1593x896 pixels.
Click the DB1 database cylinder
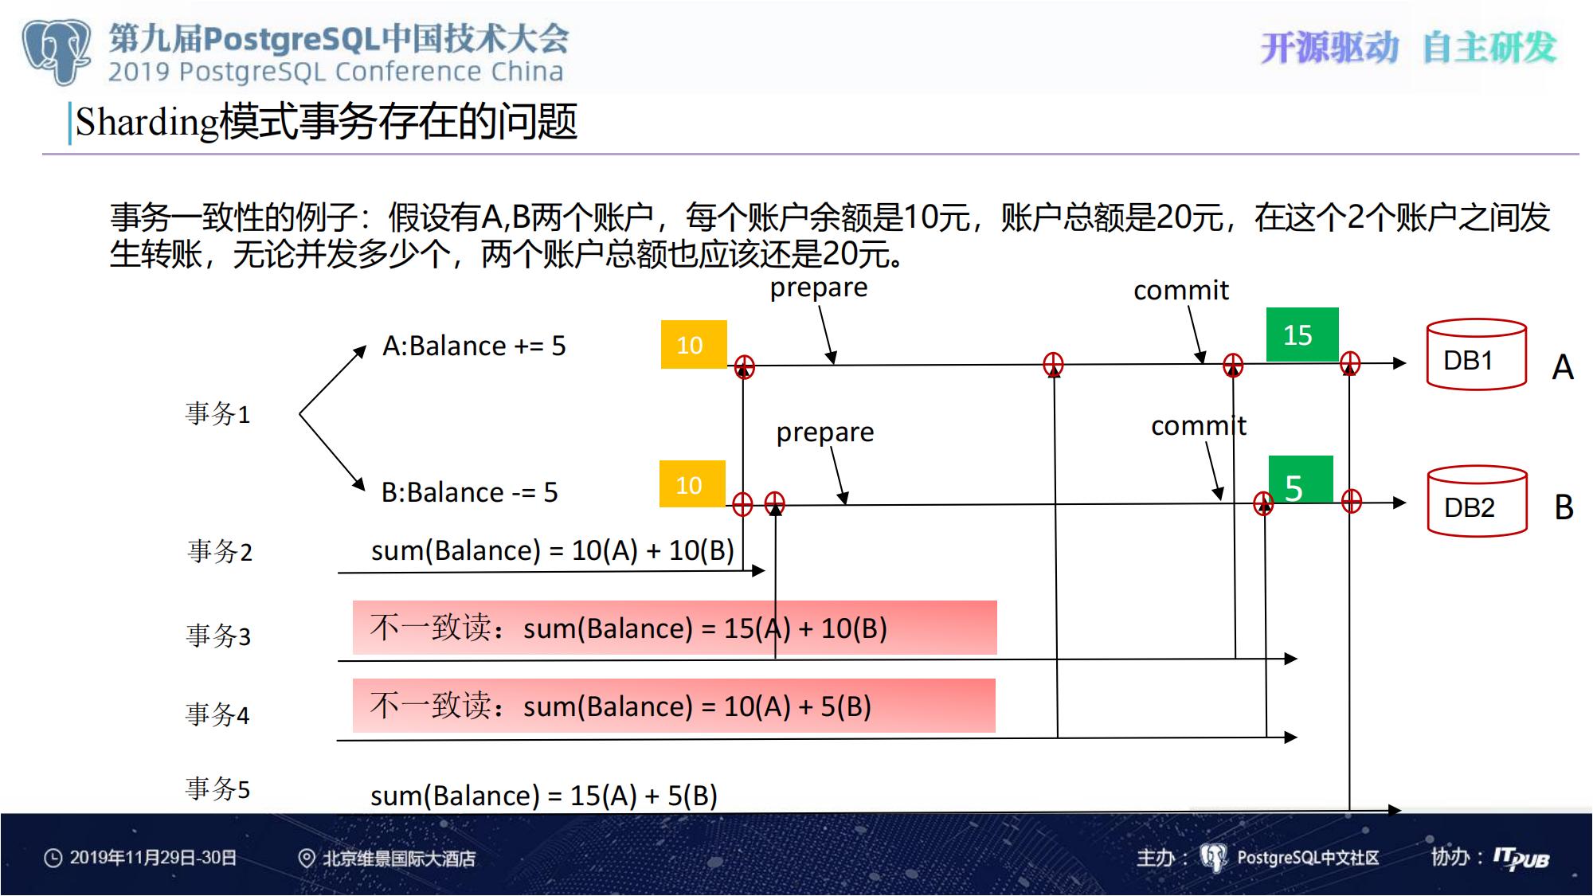coord(1476,354)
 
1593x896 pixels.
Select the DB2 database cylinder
coord(1477,501)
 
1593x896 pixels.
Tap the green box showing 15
coord(1302,335)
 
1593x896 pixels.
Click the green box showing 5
coord(1301,479)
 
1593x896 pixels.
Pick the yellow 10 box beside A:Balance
coord(694,344)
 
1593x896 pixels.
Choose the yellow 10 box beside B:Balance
coord(692,483)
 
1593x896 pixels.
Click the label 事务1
coord(217,413)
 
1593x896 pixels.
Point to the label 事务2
coord(220,551)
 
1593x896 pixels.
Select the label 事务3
coord(218,636)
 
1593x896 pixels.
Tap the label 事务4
coord(217,714)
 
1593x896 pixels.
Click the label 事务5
coord(217,788)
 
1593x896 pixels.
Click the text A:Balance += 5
coord(474,346)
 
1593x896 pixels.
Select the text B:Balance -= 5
coord(469,492)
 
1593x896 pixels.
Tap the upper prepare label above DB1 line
coord(819,288)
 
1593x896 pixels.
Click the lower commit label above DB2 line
coord(1199,426)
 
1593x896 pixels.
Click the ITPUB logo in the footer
coord(1521,859)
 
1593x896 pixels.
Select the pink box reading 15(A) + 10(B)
coord(675,628)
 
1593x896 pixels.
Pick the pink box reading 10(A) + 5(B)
coord(674,706)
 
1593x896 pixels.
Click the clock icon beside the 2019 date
coord(53,859)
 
